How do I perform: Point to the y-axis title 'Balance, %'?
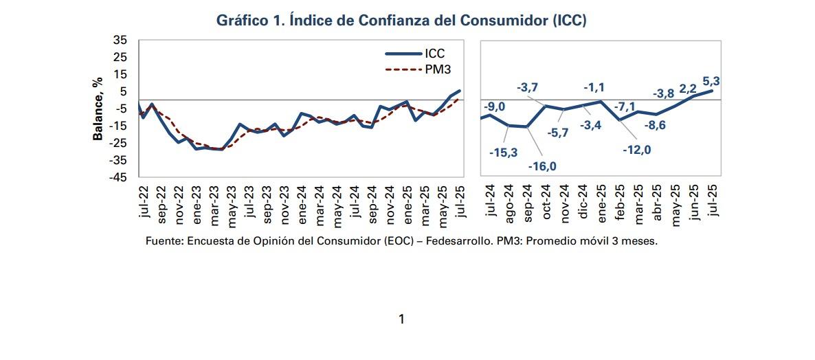98,108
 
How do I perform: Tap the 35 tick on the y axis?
120,41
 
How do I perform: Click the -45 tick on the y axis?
118,177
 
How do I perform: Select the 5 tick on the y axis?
124,91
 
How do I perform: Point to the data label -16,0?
542,167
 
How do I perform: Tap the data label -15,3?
504,153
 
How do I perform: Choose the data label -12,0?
636,150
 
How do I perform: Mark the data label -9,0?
495,106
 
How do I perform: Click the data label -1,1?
594,87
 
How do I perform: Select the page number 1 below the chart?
401,319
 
